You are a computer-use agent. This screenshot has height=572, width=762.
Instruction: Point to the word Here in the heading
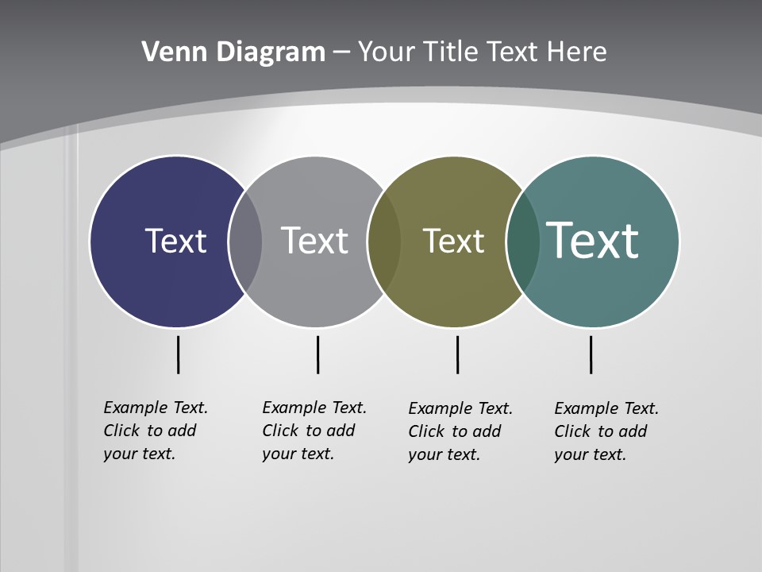coord(576,52)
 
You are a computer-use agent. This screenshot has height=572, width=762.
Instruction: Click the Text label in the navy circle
coord(175,241)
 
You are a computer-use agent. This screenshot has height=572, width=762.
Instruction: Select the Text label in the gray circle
coord(314,241)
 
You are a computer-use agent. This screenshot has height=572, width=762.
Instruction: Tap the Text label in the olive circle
coord(453,241)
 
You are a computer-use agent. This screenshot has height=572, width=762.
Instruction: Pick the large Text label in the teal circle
coord(593,240)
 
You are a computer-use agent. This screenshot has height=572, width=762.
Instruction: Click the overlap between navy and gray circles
coord(245,241)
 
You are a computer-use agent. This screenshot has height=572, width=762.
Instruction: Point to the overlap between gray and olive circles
coord(384,241)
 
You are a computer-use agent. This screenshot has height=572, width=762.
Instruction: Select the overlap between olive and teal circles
coord(522,241)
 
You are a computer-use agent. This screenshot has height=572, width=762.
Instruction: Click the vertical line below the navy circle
coord(178,354)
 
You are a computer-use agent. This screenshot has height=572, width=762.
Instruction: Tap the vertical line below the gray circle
coord(317,354)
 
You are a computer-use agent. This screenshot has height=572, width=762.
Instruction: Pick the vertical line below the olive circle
coord(457,354)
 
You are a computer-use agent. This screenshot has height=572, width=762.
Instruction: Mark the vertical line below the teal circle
coord(591,354)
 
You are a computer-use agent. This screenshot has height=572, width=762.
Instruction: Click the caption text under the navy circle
coord(156,431)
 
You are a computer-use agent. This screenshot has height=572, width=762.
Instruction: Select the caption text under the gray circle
coord(314,431)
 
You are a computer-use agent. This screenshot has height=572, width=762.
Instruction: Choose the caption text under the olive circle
coord(460,431)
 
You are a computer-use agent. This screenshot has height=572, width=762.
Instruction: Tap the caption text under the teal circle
coord(606,431)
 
